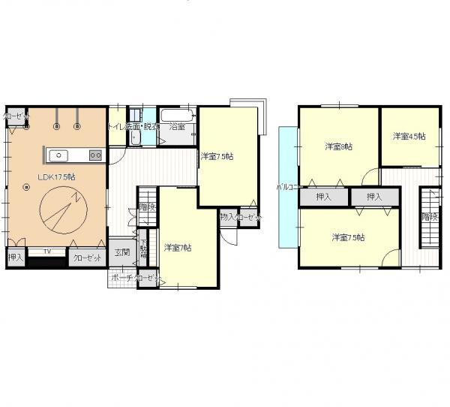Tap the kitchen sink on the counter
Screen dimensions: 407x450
pyautogui.click(x=59, y=155)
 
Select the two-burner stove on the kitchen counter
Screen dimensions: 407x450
pyautogui.click(x=95, y=155)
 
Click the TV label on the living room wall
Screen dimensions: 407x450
pyautogui.click(x=46, y=252)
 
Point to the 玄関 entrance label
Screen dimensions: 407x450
pyautogui.click(x=121, y=252)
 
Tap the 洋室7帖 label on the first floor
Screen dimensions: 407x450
pyautogui.click(x=178, y=248)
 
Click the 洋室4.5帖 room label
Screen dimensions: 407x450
pyautogui.click(x=409, y=136)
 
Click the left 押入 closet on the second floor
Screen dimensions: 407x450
pyautogui.click(x=324, y=197)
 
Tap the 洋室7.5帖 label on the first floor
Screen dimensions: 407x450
pyautogui.click(x=217, y=156)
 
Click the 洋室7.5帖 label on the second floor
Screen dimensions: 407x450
pyautogui.click(x=349, y=237)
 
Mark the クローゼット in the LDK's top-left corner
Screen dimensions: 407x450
pyautogui.click(x=15, y=116)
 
